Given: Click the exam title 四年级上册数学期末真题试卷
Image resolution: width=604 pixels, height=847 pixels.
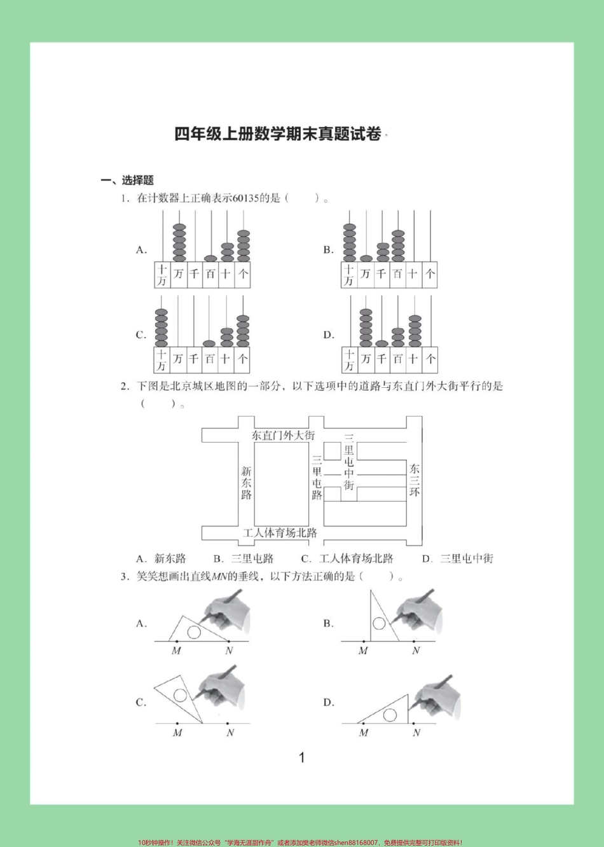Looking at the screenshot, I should (x=278, y=134).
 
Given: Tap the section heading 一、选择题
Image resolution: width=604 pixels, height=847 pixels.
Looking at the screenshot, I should (x=127, y=180).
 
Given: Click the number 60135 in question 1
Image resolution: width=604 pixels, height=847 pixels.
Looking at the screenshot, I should (x=245, y=198).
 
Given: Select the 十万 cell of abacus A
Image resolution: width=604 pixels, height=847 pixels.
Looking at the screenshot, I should (x=162, y=275).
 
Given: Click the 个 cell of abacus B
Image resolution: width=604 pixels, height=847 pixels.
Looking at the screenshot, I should (x=430, y=274).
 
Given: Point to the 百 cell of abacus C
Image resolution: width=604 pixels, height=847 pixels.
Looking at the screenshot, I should (x=210, y=359).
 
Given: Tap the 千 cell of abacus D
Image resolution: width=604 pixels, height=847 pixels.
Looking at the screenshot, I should (x=381, y=359).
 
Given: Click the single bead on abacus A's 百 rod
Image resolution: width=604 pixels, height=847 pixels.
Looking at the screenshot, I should (x=210, y=258).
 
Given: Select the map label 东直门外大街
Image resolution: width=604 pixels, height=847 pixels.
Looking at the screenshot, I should (x=283, y=436).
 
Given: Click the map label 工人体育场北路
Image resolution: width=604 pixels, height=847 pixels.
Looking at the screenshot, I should (x=280, y=533).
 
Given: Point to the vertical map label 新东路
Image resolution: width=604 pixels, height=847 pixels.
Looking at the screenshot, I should (x=247, y=483).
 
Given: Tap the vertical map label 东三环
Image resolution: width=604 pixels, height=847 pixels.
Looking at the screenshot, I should (x=415, y=480).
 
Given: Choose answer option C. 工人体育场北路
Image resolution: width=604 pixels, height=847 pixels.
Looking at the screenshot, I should (x=347, y=559).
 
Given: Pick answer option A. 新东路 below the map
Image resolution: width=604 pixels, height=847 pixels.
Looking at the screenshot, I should (x=161, y=559).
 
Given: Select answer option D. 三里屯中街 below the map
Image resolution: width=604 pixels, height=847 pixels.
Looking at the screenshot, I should (x=458, y=559).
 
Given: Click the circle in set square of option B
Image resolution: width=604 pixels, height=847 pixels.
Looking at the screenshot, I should (x=379, y=623).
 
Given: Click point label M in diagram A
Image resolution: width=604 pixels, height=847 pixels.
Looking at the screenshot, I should (x=176, y=651).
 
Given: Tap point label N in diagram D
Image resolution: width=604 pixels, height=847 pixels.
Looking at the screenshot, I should (x=416, y=733).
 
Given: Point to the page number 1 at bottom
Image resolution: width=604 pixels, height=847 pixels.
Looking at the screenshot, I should (x=302, y=757).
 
